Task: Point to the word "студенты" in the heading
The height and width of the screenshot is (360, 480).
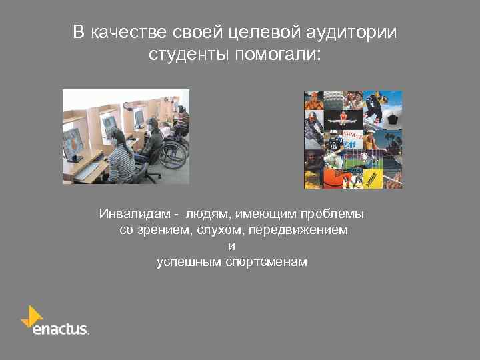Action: tap(189, 55)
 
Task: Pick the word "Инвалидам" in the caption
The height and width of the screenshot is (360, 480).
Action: tap(133, 215)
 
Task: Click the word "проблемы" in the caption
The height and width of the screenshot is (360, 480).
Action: tap(339, 215)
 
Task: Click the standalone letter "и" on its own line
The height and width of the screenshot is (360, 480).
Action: tap(231, 246)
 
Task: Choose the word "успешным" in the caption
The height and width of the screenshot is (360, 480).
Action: tap(185, 261)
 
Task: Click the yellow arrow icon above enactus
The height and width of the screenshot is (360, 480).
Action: tap(31, 313)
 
